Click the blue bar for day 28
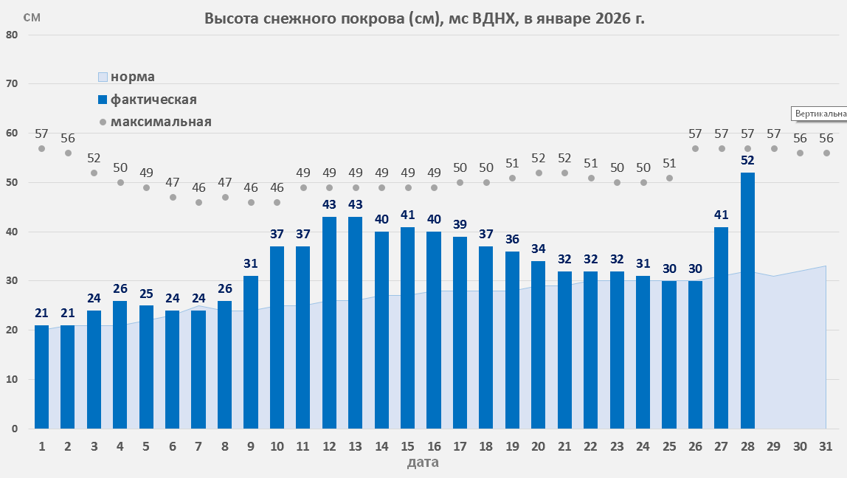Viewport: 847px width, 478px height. click(x=747, y=300)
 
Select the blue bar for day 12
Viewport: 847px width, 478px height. click(x=329, y=322)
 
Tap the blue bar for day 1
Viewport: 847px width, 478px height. click(x=41, y=377)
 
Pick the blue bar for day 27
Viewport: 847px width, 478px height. click(x=721, y=328)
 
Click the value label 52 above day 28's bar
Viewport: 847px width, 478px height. click(x=747, y=160)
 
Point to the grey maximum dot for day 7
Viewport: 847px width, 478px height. click(x=198, y=202)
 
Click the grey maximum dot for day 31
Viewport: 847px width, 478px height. click(x=826, y=153)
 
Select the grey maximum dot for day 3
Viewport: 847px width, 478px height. click(x=94, y=173)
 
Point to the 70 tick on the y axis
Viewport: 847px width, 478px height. click(x=13, y=84)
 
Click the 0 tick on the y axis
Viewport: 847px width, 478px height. click(x=15, y=429)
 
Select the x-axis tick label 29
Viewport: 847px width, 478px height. click(x=773, y=446)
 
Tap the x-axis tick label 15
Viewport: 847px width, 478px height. click(x=407, y=446)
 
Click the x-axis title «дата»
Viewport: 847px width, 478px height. click(x=423, y=463)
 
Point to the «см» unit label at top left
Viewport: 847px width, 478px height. click(x=32, y=18)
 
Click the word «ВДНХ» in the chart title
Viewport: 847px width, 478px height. click(x=490, y=19)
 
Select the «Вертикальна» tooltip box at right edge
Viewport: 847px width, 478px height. click(x=819, y=114)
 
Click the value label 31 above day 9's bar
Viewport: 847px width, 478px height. click(x=251, y=264)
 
